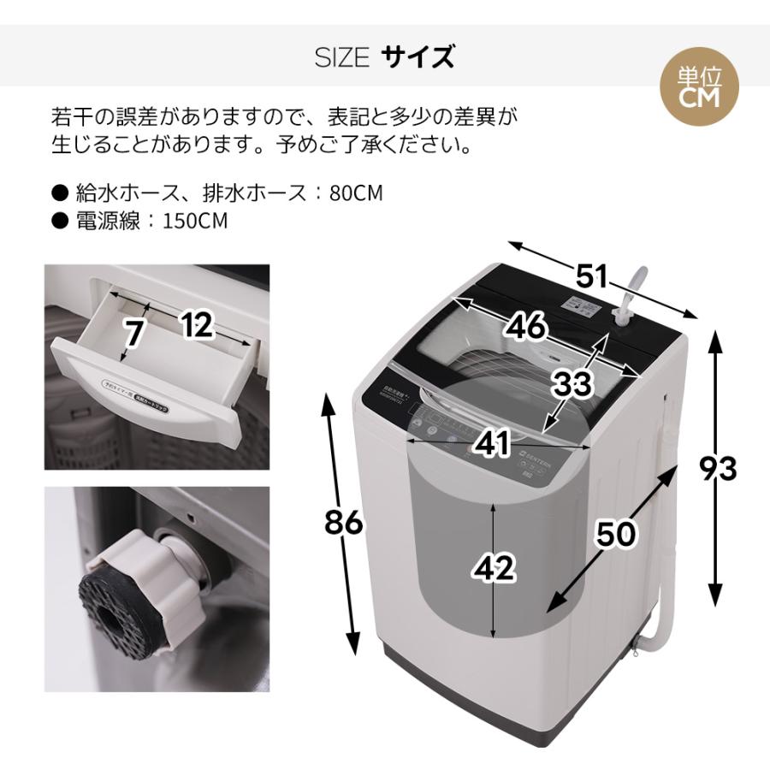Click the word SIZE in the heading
341,58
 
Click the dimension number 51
591,277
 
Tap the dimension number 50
616,535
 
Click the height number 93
717,469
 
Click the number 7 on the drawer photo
132,334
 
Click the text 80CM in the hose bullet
356,193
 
